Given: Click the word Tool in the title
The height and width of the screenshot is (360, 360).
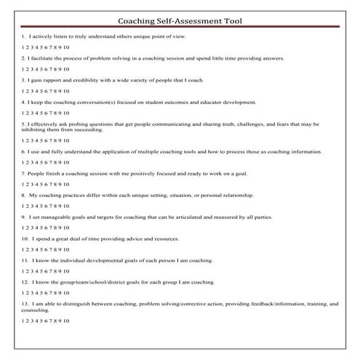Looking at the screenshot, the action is pyautogui.click(x=232, y=21).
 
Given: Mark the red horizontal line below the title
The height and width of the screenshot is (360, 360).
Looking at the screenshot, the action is pyautogui.click(x=180, y=28).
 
